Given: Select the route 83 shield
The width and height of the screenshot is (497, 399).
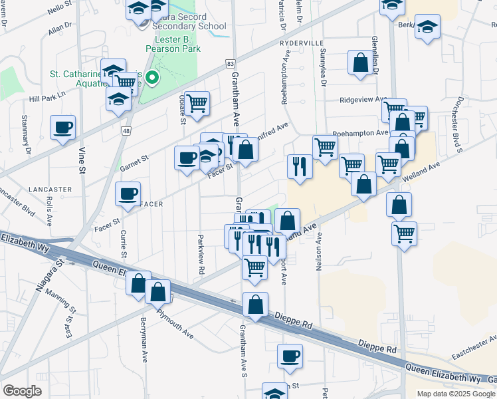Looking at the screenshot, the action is click(230, 63).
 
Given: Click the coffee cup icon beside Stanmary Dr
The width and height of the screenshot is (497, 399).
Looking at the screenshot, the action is click(63, 128).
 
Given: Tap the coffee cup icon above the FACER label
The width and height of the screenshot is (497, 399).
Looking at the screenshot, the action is click(128, 194).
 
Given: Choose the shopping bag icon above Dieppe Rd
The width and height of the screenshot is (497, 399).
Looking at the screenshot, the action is click(255, 305).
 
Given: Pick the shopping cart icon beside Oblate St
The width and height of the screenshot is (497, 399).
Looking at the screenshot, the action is click(197, 104).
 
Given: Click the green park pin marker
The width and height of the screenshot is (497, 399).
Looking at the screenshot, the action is click(152, 78).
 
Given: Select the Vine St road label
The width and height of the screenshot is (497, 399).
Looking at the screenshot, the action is click(83, 160).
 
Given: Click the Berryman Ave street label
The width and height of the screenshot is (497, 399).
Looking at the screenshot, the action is click(144, 339).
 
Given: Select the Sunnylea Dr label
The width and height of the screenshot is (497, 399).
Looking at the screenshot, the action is click(323, 67).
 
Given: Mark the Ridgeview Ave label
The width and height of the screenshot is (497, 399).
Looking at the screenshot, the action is click(363, 100).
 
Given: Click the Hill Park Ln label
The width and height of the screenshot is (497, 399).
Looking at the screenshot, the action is click(47, 97).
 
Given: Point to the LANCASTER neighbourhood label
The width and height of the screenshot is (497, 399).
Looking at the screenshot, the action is click(50, 190).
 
